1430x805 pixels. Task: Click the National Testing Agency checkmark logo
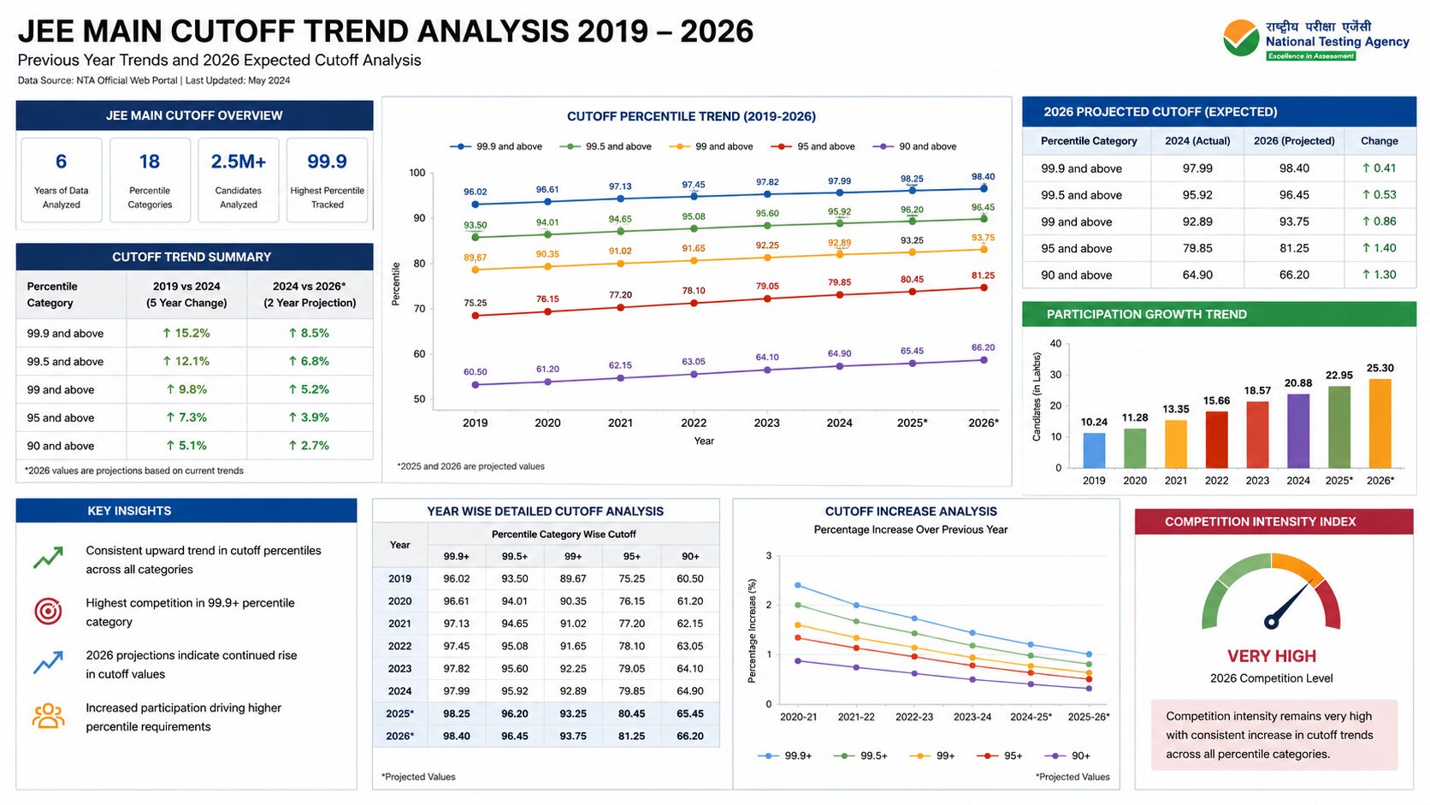[x=1241, y=38]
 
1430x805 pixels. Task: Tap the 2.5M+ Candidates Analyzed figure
[x=238, y=162]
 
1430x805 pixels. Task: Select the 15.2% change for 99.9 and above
[x=186, y=333]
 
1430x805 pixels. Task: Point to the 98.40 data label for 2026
[x=984, y=176]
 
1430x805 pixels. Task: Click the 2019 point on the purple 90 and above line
[x=475, y=385]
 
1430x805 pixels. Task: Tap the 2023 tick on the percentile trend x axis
[x=766, y=423]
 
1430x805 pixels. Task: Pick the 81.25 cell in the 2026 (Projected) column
[x=1294, y=248]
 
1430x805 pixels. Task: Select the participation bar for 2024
[x=1297, y=431]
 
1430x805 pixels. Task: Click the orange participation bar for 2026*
[x=1380, y=423]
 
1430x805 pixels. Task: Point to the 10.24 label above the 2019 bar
[x=1094, y=422]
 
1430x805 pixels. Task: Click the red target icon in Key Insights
[x=48, y=611]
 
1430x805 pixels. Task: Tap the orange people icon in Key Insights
[x=48, y=716]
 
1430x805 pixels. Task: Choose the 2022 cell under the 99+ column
[x=573, y=646]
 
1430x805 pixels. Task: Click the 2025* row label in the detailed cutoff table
[x=399, y=713]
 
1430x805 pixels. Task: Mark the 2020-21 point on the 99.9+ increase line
[x=798, y=585]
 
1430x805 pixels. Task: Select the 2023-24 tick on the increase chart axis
[x=972, y=717]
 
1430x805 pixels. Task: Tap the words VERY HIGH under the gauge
[x=1272, y=656]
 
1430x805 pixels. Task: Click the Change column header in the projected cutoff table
[x=1379, y=140]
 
